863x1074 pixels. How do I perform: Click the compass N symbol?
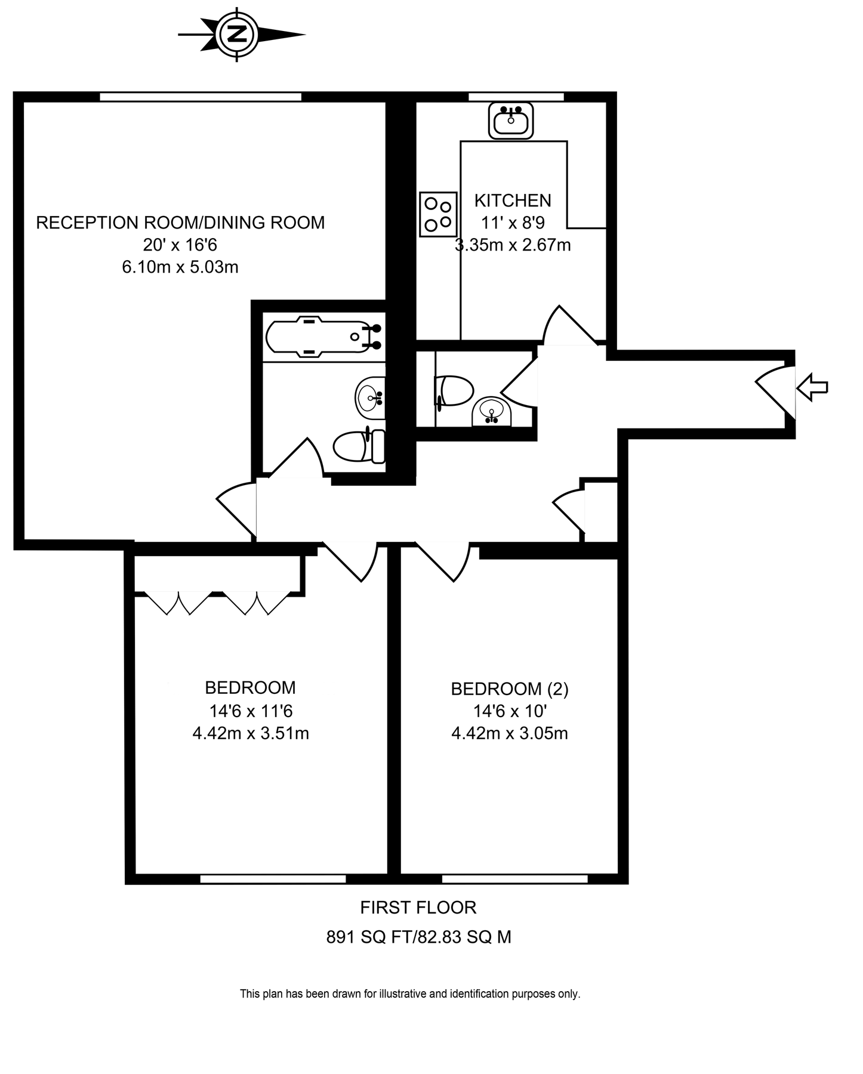point(239,35)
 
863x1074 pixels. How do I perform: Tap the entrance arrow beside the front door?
point(812,387)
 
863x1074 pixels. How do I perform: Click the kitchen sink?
point(511,121)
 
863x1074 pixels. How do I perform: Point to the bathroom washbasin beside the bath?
point(371,397)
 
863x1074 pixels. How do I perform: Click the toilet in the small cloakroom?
point(455,391)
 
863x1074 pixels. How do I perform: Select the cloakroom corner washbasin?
point(492,413)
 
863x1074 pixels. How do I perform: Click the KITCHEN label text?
point(513,200)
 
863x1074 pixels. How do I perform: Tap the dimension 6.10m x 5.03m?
point(180,267)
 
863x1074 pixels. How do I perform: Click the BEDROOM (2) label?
point(510,689)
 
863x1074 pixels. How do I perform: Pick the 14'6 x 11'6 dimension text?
point(251,711)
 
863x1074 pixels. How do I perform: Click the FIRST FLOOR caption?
point(418,908)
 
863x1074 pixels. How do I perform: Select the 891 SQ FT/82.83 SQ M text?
point(418,937)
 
